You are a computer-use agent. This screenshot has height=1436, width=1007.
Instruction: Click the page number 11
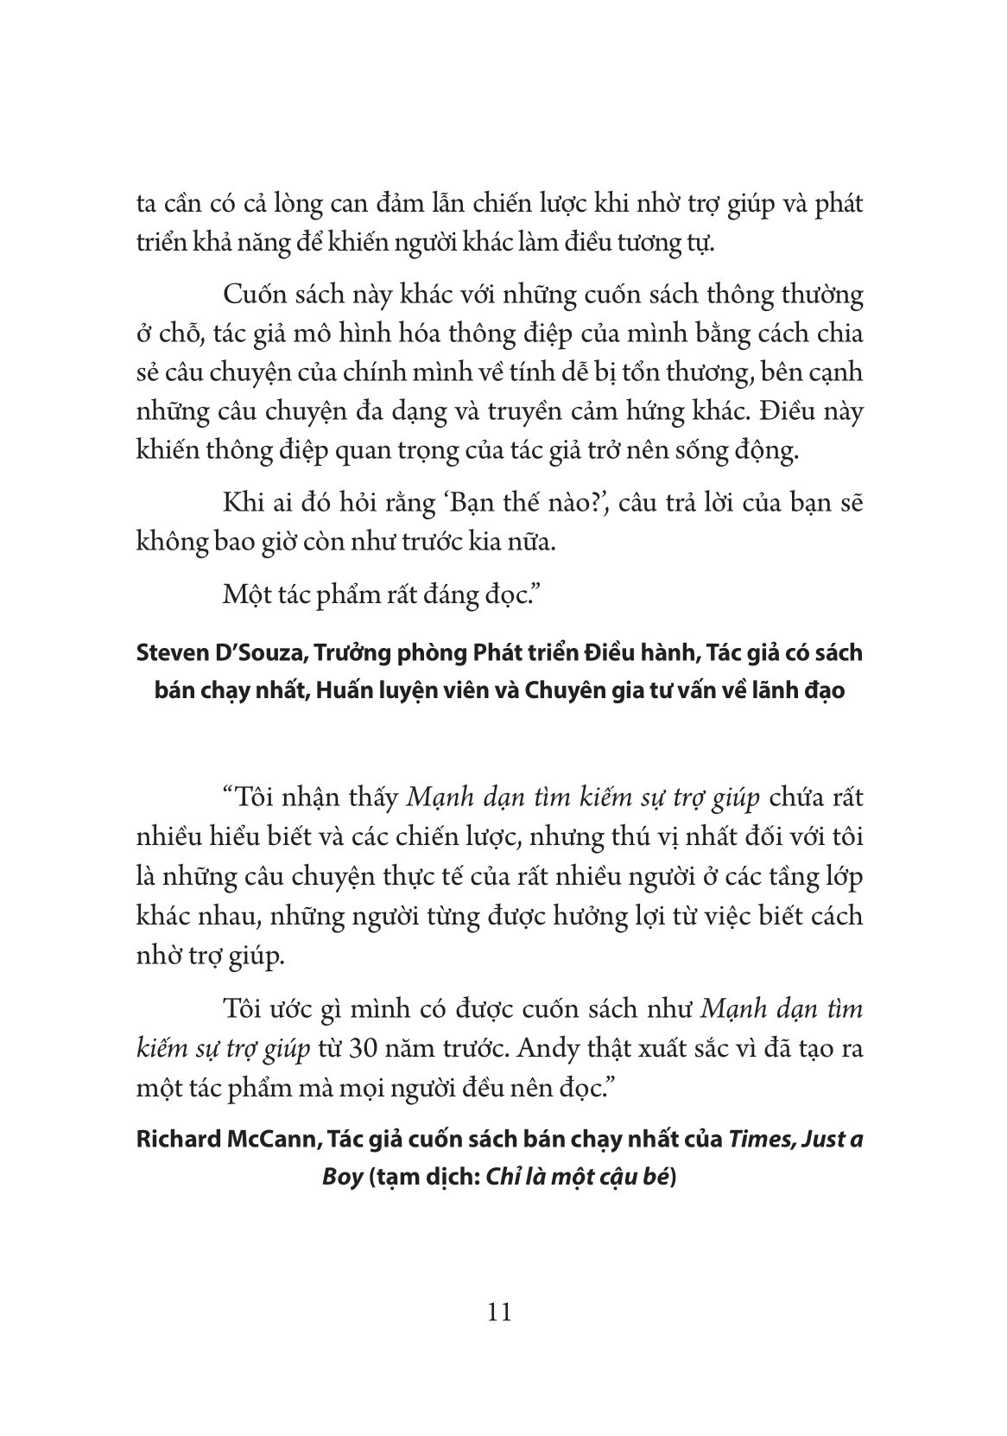click(500, 1313)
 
